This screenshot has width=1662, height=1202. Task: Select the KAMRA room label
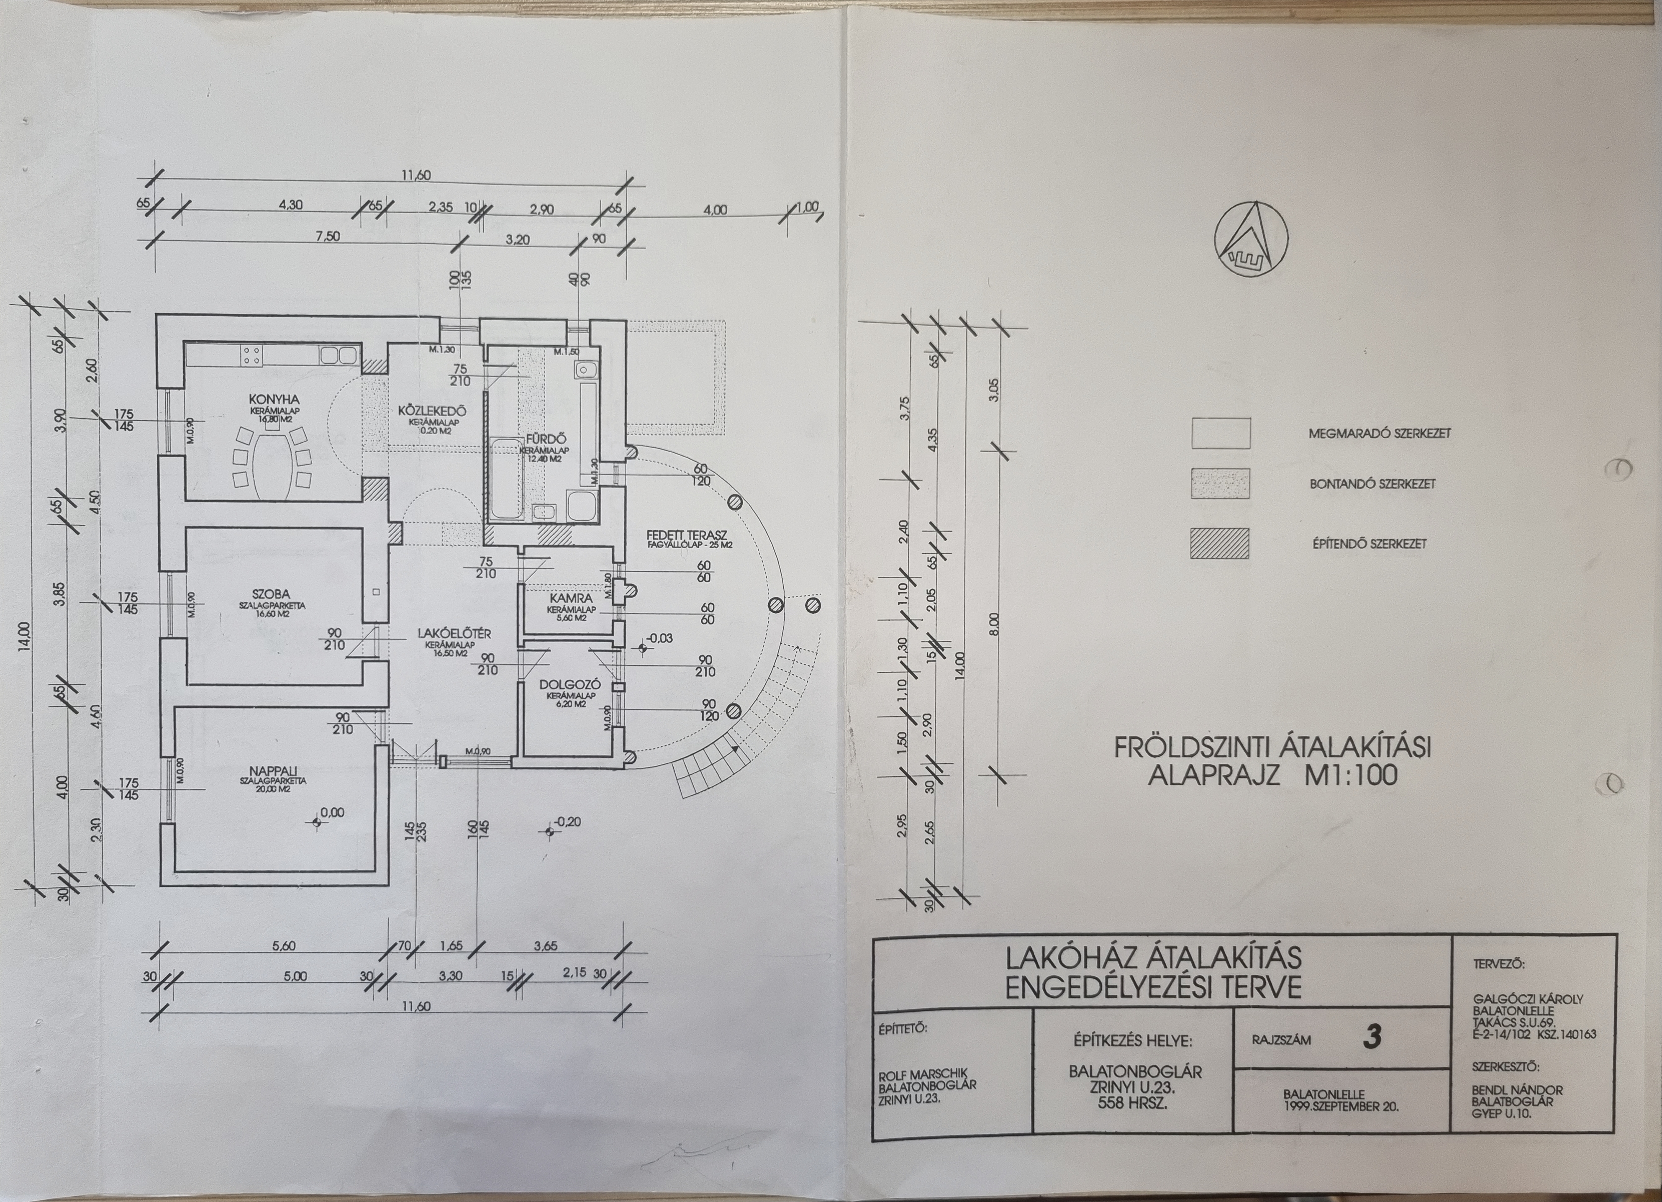(x=570, y=598)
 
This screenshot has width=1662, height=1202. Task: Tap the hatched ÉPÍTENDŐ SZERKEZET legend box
(x=1219, y=543)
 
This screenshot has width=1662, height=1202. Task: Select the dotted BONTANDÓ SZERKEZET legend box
(x=1219, y=484)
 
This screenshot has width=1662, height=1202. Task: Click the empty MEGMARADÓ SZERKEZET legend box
(x=1219, y=432)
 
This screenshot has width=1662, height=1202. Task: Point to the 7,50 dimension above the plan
(x=328, y=237)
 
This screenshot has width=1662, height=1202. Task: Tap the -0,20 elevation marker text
(x=567, y=822)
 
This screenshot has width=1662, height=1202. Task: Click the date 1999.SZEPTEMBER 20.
(x=1341, y=1107)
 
